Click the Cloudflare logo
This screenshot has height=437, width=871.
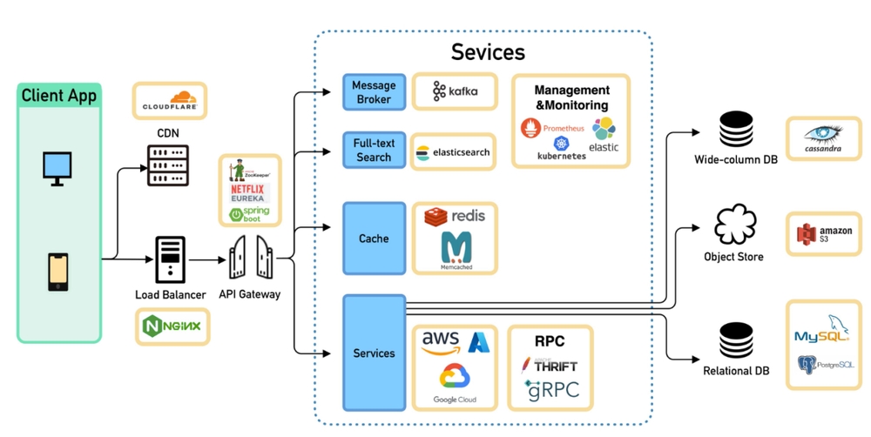tap(170, 101)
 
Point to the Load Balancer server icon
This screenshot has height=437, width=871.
tap(170, 259)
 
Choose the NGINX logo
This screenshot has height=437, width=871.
tap(172, 326)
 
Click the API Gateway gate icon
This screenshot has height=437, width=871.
tap(250, 257)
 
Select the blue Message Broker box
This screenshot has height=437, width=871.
tap(374, 92)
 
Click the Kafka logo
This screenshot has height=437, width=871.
tap(455, 91)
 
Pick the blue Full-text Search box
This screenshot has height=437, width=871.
tap(374, 151)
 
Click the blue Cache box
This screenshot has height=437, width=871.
tap(374, 238)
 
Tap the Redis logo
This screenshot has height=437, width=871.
tap(455, 216)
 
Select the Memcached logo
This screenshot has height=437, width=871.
tap(456, 250)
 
